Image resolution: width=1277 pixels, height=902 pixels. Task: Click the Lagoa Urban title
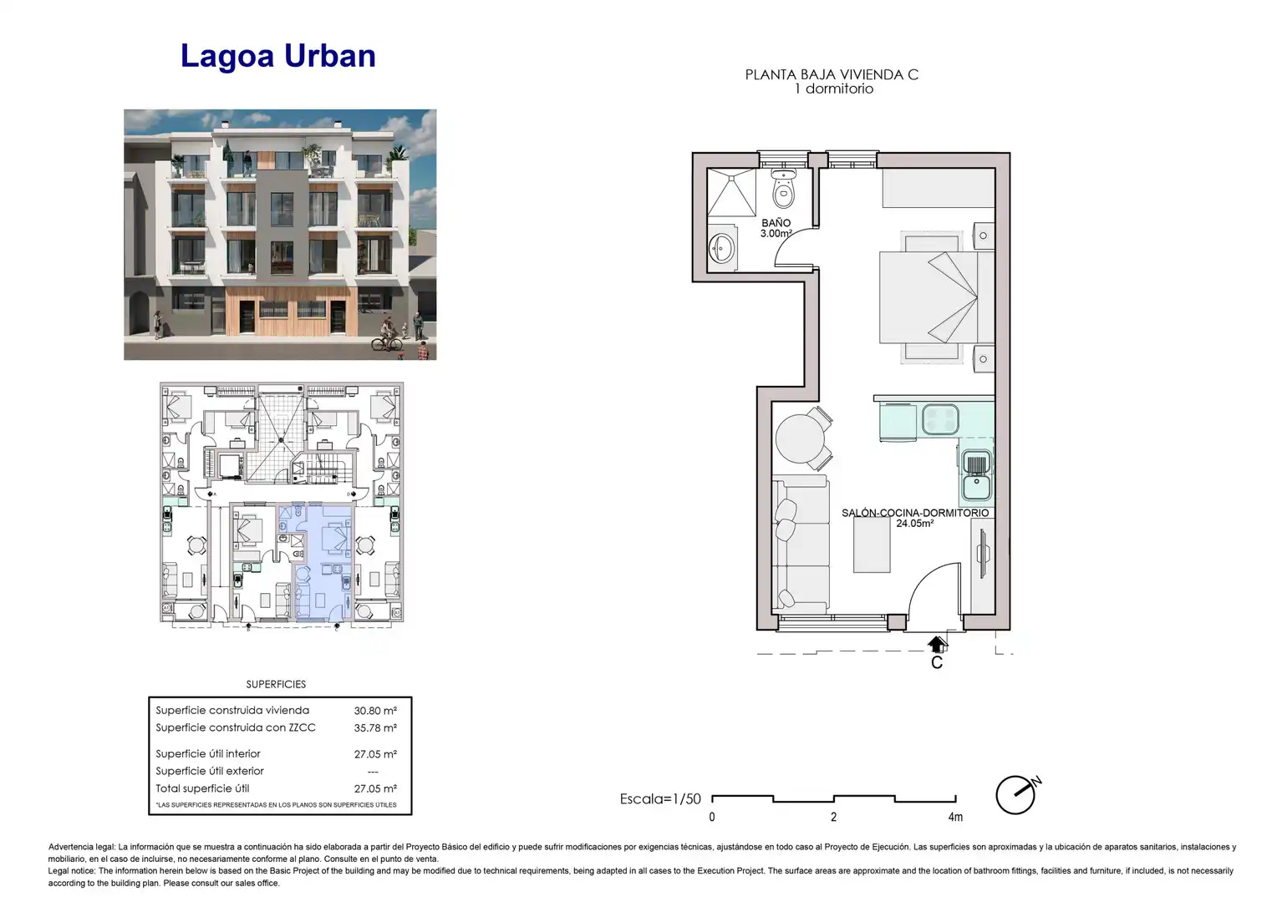point(278,57)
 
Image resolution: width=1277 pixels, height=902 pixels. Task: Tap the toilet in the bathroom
point(784,189)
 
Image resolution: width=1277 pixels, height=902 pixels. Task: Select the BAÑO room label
point(776,223)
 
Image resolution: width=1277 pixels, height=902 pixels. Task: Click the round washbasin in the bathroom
point(722,249)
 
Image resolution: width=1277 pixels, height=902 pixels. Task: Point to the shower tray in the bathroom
point(731,192)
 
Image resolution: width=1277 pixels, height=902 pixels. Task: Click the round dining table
point(800,438)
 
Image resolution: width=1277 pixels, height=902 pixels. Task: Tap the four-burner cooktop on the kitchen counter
point(940,418)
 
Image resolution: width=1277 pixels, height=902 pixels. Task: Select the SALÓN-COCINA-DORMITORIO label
point(915,513)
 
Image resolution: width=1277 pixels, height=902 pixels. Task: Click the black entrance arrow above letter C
point(937,645)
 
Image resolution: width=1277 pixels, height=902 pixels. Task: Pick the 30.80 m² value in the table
point(375,711)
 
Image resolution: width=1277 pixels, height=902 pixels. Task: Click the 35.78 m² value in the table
point(375,727)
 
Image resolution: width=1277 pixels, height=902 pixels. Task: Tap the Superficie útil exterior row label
point(210,771)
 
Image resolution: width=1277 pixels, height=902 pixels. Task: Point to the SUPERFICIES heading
point(276,684)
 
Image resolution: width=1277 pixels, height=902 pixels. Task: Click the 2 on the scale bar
point(833,817)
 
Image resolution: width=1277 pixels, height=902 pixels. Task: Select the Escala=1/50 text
point(660,799)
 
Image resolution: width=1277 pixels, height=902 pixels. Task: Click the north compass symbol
point(1018,793)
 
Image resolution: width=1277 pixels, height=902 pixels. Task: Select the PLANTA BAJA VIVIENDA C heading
point(832,74)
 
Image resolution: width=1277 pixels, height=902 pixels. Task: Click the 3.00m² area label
point(776,233)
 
